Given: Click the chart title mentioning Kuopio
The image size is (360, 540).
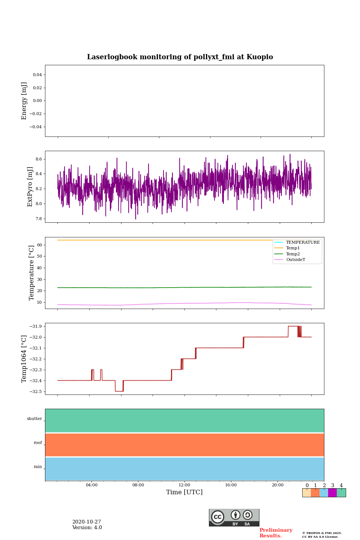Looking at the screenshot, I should tap(180, 57).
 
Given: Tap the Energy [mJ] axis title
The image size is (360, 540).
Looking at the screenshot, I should tap(24, 101).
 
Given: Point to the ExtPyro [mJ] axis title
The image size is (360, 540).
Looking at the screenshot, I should tap(30, 187).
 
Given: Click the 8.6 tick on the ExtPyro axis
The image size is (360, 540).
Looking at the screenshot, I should tap(38, 159).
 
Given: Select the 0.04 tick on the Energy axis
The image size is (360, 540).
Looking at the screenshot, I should tap(37, 75).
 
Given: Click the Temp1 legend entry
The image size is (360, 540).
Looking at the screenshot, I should tap(293, 248).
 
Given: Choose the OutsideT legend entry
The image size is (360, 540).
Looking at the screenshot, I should tap(295, 260).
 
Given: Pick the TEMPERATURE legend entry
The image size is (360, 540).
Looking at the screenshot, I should tap(303, 243).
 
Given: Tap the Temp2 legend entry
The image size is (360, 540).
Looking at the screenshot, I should tap(293, 254).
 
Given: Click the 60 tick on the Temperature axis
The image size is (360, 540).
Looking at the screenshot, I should tap(39, 245).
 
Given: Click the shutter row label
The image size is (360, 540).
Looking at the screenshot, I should tap(34, 419).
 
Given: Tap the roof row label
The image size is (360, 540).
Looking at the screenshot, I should tap(38, 443).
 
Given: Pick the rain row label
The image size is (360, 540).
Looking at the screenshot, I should tap(38, 467).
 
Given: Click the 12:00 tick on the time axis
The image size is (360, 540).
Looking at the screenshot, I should tap(184, 485).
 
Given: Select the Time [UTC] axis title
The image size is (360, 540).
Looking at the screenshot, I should tap(184, 492).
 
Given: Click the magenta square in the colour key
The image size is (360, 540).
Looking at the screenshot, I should tap(332, 493).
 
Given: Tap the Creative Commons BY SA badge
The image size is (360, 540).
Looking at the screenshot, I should tap(234, 517).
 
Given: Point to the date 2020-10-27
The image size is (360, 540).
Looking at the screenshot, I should tap(87, 522).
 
